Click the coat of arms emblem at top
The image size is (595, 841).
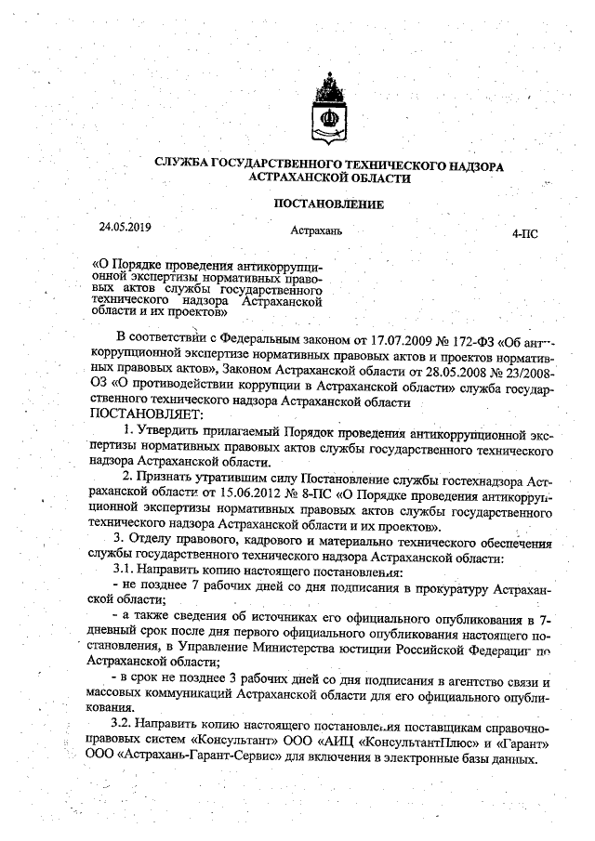click(328, 111)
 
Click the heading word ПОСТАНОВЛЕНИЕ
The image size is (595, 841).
click(328, 204)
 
